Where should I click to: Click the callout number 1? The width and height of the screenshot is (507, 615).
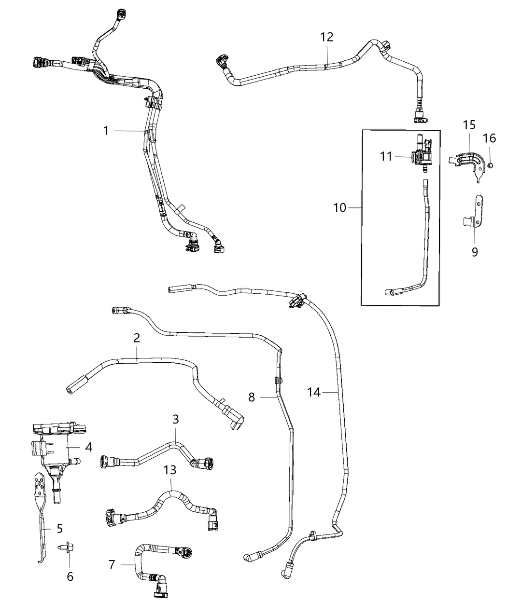tap(106, 130)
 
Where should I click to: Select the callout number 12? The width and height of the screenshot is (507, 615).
tap(327, 37)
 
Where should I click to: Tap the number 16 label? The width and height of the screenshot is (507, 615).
tap(489, 138)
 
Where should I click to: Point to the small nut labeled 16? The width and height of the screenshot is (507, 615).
tap(489, 165)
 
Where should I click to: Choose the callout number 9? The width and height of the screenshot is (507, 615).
tap(475, 251)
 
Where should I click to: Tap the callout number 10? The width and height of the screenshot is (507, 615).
tap(340, 208)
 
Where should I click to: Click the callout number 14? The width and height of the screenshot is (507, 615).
tap(314, 393)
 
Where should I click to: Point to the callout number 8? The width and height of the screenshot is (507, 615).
tap(252, 397)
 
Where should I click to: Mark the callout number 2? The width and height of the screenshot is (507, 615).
tap(137, 338)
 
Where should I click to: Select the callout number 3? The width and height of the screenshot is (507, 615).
tap(176, 419)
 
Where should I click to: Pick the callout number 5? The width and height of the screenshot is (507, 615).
tap(60, 528)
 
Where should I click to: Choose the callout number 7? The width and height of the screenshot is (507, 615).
tap(112, 564)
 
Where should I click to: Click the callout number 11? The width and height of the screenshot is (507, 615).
tap(386, 157)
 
